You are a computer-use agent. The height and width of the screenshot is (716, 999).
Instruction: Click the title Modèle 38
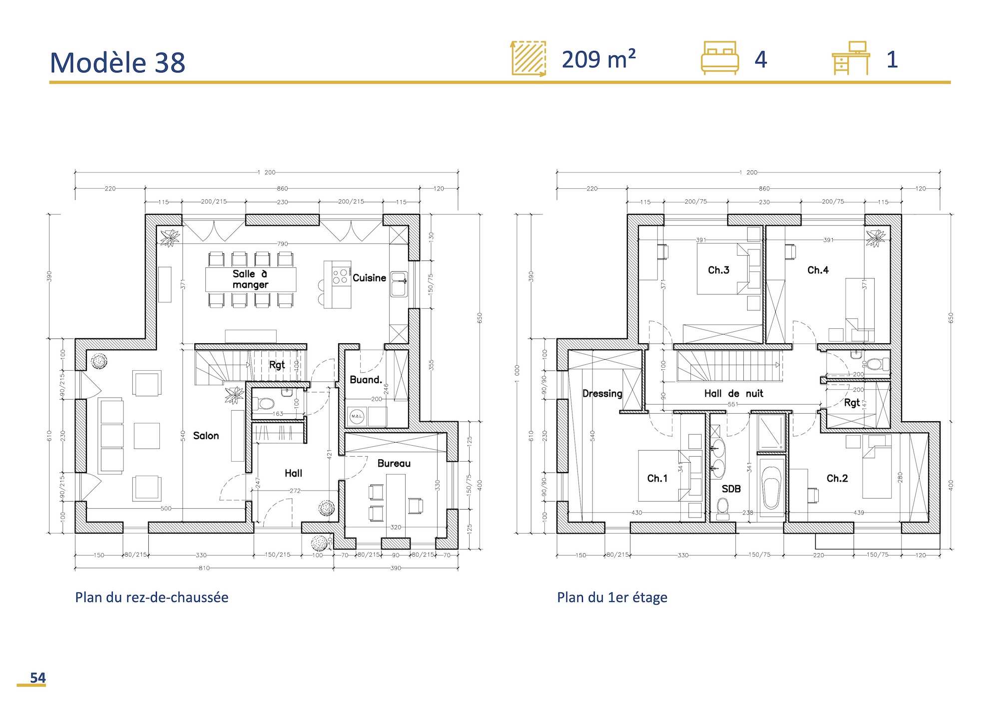point(117,63)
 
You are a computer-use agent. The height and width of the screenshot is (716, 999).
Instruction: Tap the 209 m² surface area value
point(598,59)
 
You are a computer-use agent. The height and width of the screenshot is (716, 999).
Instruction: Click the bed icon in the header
point(719,58)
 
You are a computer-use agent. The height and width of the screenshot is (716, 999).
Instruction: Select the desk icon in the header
point(851,58)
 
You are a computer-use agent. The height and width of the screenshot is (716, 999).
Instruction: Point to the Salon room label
point(206,436)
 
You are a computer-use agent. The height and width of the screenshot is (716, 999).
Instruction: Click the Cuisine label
point(369,278)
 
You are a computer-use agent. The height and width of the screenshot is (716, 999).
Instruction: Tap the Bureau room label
point(394,463)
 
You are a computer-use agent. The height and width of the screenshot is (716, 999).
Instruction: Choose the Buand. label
point(366,380)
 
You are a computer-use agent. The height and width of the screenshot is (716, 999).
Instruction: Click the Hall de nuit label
point(733,393)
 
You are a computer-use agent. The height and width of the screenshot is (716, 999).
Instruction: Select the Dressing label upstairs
point(602,393)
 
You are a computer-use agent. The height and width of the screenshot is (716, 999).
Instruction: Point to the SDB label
point(731,489)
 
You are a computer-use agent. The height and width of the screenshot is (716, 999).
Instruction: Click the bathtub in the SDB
point(772,487)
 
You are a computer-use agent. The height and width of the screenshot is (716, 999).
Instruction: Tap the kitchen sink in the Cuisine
point(399,284)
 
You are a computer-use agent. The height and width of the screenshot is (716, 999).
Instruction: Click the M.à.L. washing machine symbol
point(357,416)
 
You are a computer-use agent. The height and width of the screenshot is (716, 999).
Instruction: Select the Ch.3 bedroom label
point(718,270)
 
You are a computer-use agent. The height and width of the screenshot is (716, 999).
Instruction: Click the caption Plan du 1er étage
point(612,597)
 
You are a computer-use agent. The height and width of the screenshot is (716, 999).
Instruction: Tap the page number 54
point(37,678)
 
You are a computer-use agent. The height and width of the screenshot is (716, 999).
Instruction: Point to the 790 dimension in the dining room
point(282,244)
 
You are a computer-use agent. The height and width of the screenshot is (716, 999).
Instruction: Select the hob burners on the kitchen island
point(340,277)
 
